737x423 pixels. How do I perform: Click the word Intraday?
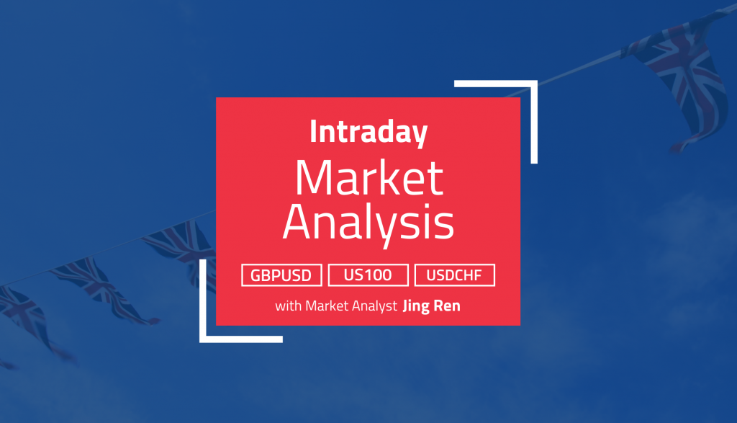click(x=368, y=132)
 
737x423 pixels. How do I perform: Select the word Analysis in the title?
click(x=368, y=223)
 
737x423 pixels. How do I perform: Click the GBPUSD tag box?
click(x=281, y=275)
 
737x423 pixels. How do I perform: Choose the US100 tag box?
click(x=368, y=275)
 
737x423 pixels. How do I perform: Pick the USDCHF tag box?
click(x=455, y=275)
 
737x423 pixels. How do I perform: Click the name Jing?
click(x=416, y=306)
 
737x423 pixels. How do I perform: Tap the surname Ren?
click(x=446, y=306)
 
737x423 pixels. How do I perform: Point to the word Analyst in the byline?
click(x=374, y=306)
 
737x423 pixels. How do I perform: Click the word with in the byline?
click(x=288, y=306)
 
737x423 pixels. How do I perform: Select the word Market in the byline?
click(x=327, y=306)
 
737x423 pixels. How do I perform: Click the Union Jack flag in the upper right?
click(x=677, y=80)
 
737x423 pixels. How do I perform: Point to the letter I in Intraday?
click(x=313, y=131)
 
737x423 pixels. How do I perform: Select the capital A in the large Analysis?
click(x=299, y=222)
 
